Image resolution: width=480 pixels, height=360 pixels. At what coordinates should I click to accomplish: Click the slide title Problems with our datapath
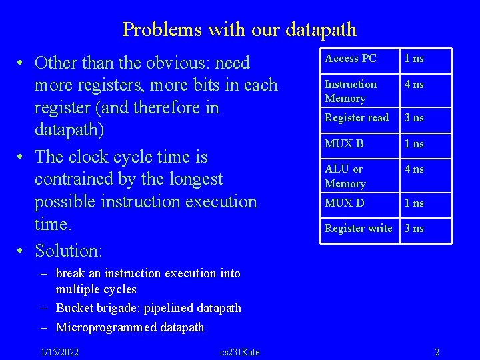click(x=239, y=29)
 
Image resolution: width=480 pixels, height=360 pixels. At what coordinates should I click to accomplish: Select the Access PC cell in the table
click(x=351, y=59)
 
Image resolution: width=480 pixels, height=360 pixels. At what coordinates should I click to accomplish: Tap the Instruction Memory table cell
click(x=351, y=91)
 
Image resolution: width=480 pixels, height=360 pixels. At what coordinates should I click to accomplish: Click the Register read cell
click(x=357, y=118)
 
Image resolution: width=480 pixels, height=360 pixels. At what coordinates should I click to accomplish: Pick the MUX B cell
click(x=344, y=143)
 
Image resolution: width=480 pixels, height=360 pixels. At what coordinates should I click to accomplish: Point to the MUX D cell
click(x=344, y=203)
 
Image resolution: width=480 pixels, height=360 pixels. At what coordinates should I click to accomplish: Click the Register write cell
click(x=358, y=228)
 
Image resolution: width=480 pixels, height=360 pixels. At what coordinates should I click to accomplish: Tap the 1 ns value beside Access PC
click(x=413, y=59)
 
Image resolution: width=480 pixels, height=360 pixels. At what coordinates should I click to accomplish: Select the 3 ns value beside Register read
click(x=413, y=118)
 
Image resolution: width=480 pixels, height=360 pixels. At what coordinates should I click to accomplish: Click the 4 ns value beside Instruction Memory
click(x=413, y=85)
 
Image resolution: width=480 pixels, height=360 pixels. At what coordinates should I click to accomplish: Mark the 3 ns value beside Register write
click(x=413, y=228)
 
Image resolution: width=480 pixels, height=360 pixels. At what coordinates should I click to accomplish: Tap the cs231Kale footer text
click(x=240, y=351)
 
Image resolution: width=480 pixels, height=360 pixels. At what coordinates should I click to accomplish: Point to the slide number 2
click(x=437, y=351)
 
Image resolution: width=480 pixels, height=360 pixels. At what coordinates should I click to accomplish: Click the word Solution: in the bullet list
click(x=69, y=251)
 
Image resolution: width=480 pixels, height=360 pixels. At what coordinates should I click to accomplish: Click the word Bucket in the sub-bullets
click(x=73, y=307)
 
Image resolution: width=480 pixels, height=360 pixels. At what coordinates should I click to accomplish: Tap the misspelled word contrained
click(x=76, y=179)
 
